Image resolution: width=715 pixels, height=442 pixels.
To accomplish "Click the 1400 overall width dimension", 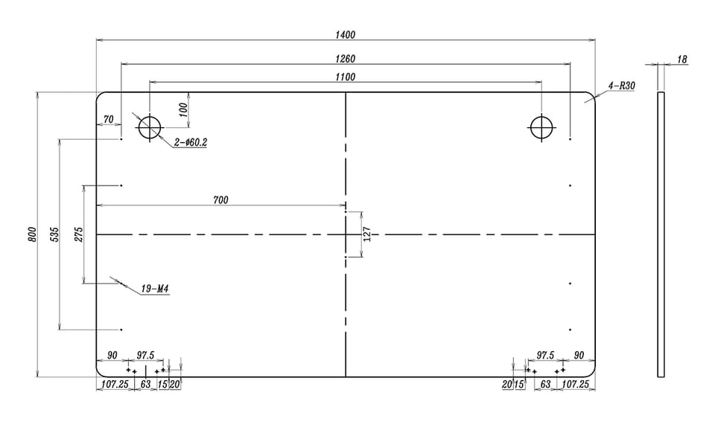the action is pos(345,35).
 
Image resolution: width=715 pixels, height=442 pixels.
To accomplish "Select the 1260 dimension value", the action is pos(345,59).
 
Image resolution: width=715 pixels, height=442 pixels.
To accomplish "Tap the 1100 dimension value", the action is pos(345,77).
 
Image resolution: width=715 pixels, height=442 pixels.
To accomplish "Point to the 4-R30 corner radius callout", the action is pos(621,86).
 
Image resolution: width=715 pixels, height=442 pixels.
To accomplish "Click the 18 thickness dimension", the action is pos(681,60).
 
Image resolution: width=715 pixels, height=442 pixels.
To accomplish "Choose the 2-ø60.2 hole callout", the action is pos(191,143).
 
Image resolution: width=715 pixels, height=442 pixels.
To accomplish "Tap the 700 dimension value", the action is pos(220,200).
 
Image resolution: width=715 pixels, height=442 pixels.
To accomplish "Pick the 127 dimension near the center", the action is pos(367,234).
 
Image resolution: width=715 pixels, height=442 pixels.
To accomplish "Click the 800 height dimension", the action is pos(32,234).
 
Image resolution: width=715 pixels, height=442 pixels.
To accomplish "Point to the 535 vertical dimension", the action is pos(54,234).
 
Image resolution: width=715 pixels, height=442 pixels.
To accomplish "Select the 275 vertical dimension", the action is pos(78,234).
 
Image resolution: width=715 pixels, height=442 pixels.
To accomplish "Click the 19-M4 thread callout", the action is pos(155,289).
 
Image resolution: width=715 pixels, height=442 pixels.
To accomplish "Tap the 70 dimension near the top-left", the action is pos(108,119).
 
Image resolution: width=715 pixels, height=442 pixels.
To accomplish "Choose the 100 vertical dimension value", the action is pos(183,109).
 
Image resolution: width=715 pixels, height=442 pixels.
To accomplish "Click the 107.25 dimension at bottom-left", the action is pos(115,384).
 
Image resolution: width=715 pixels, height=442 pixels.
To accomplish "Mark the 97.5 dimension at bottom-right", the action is pos(545,355).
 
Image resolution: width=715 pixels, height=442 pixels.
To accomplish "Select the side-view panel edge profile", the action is pos(661,234).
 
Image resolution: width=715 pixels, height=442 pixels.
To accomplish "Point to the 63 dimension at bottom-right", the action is pos(545,384).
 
